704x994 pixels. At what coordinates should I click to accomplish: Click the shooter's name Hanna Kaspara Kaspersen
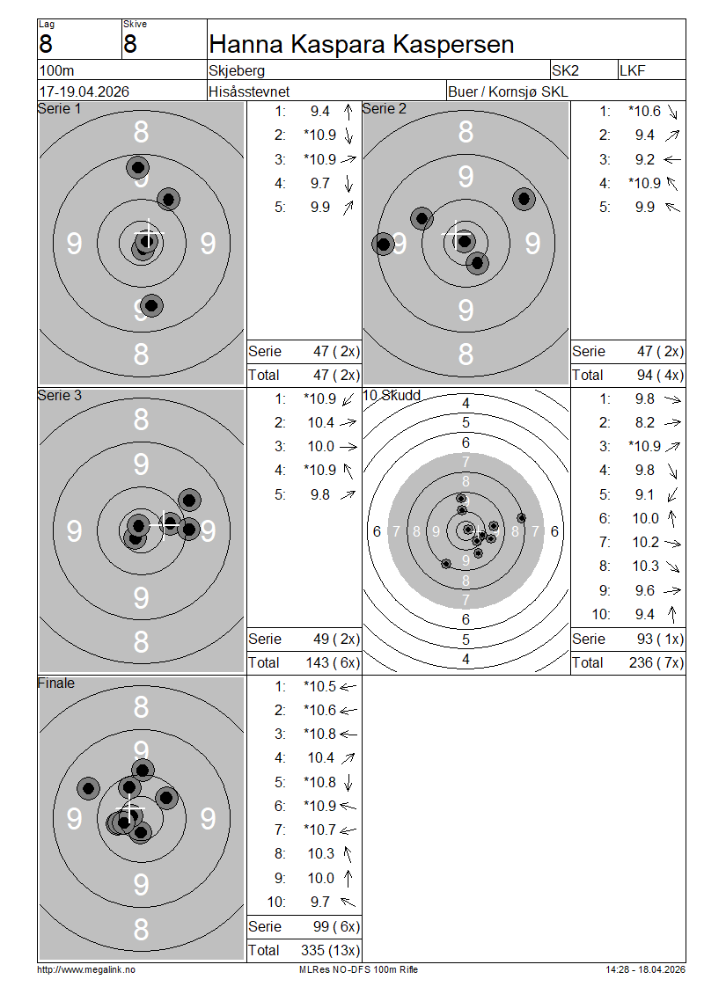pos(362,44)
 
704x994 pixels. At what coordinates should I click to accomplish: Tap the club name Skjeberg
pos(237,70)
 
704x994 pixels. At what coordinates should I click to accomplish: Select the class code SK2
pos(565,70)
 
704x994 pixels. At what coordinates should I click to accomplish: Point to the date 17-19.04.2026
pos(84,91)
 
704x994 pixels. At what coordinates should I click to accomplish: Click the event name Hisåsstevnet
pos(249,91)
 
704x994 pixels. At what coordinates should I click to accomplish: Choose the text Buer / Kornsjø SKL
pos(508,91)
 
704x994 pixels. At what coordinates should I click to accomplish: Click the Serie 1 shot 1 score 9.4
pos(320,112)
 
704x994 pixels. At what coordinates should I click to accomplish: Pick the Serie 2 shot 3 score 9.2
pos(645,160)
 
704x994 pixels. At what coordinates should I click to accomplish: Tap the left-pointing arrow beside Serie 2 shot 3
pos(672,160)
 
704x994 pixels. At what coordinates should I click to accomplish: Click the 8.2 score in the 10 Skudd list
pos(645,423)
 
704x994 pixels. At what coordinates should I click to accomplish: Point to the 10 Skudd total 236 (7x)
pos(656,662)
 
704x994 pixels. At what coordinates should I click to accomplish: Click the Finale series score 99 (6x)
pos(336,927)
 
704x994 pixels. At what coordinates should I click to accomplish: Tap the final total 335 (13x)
pos(330,950)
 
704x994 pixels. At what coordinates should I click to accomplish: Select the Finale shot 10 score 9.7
pos(320,903)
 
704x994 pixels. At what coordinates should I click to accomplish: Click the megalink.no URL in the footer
pos(86,969)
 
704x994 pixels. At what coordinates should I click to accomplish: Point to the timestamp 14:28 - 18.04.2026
pos(646,969)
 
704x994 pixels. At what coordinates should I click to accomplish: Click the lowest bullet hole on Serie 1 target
pos(151,305)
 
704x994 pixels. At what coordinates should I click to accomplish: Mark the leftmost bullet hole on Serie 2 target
pos(383,244)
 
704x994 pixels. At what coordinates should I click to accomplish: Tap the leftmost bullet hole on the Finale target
pos(88,789)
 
